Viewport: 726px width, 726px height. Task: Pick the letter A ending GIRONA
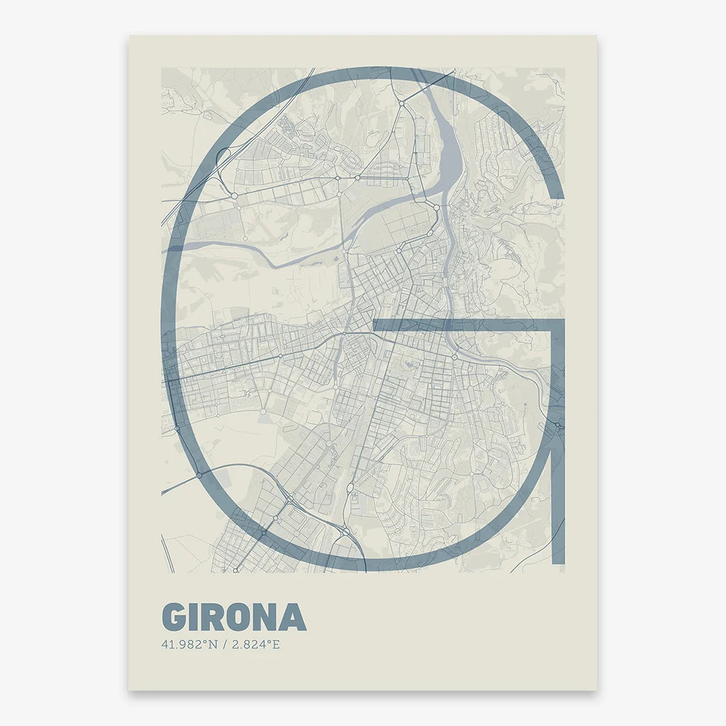[x=293, y=617]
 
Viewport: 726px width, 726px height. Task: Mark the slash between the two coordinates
[x=224, y=645]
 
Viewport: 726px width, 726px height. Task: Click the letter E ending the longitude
[x=277, y=645]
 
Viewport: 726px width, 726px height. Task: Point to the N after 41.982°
[x=213, y=645]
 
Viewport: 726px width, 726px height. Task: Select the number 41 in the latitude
[x=168, y=645]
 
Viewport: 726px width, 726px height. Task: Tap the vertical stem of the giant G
[x=558, y=440]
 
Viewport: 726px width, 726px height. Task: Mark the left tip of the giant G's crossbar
[x=375, y=325]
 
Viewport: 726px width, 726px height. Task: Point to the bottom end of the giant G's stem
[x=558, y=564]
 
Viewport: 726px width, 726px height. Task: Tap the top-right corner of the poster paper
[x=596, y=36]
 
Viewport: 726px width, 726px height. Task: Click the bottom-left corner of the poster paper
[x=128, y=690]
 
